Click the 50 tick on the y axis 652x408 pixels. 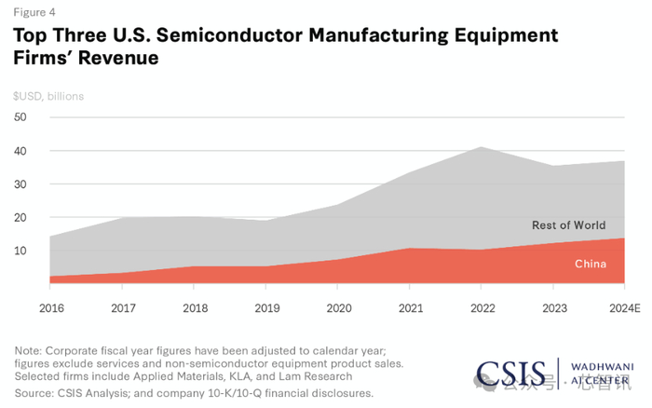(x=20, y=117)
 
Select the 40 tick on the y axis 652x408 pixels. (x=20, y=151)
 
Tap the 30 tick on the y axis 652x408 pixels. (x=20, y=184)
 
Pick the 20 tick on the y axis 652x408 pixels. (x=20, y=218)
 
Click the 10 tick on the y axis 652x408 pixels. (x=20, y=252)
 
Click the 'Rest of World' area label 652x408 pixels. (x=568, y=225)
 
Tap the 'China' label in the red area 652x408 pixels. (x=590, y=265)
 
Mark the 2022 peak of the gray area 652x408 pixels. (x=480, y=147)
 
